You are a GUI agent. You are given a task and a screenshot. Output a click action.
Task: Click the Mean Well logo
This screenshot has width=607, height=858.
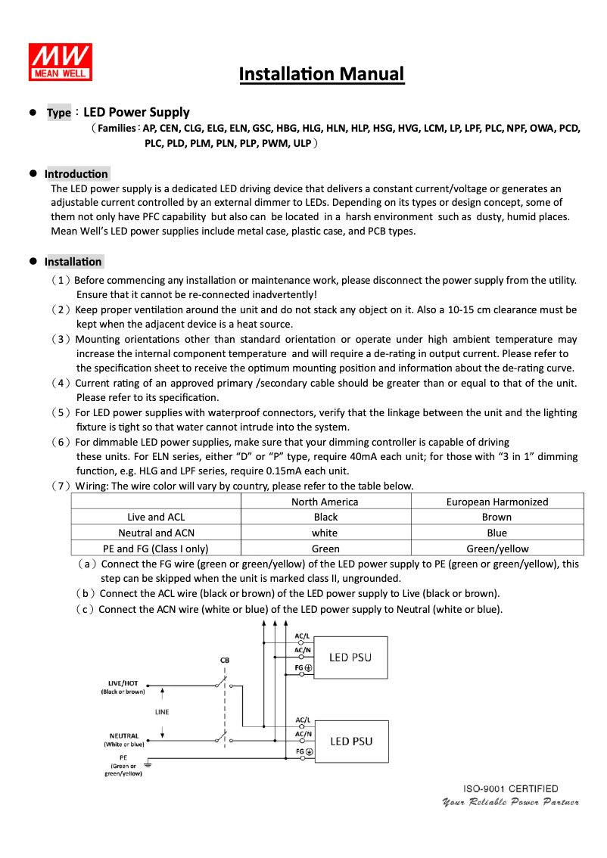pyautogui.click(x=61, y=61)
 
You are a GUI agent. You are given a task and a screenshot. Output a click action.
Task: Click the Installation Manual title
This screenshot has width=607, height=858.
pyautogui.click(x=322, y=74)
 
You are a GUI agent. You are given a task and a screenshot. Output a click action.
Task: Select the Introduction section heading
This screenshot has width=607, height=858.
pyautogui.click(x=76, y=174)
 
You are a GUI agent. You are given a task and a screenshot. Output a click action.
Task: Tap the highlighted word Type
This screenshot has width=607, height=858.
pyautogui.click(x=58, y=113)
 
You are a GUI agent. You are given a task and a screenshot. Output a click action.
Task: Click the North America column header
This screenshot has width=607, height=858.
pyautogui.click(x=325, y=502)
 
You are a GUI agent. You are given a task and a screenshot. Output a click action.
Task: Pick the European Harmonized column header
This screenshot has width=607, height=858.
pyautogui.click(x=496, y=502)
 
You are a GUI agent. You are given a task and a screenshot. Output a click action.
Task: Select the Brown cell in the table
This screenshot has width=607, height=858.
pyautogui.click(x=496, y=518)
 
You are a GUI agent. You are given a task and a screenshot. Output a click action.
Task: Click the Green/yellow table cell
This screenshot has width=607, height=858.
pyautogui.click(x=496, y=549)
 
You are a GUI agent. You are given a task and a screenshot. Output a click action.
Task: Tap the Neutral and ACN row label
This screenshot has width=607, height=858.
pyautogui.click(x=156, y=533)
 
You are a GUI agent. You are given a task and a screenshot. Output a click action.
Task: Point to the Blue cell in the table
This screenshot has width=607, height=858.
pyautogui.click(x=496, y=533)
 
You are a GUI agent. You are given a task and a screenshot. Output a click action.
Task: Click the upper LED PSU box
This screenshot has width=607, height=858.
pyautogui.click(x=350, y=657)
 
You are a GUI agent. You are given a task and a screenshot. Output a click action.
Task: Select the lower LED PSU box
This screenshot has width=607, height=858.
pyautogui.click(x=351, y=741)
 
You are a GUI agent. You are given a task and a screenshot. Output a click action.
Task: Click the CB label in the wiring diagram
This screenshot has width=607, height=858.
pyautogui.click(x=224, y=660)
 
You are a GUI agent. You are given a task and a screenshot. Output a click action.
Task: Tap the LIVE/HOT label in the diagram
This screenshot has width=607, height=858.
pyautogui.click(x=123, y=682)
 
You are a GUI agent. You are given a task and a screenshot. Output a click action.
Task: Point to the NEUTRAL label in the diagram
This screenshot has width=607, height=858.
pyautogui.click(x=123, y=735)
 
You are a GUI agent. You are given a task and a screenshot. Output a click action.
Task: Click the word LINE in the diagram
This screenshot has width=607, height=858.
pyautogui.click(x=162, y=712)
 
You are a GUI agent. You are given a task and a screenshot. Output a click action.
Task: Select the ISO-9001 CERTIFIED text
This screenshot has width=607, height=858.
pyautogui.click(x=511, y=789)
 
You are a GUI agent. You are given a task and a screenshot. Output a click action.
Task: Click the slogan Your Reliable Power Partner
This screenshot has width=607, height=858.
pyautogui.click(x=511, y=802)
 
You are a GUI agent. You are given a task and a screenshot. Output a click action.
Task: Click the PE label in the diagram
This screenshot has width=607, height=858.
pyautogui.click(x=123, y=757)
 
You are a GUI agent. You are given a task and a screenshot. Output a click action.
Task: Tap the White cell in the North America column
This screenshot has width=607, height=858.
pyautogui.click(x=325, y=533)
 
